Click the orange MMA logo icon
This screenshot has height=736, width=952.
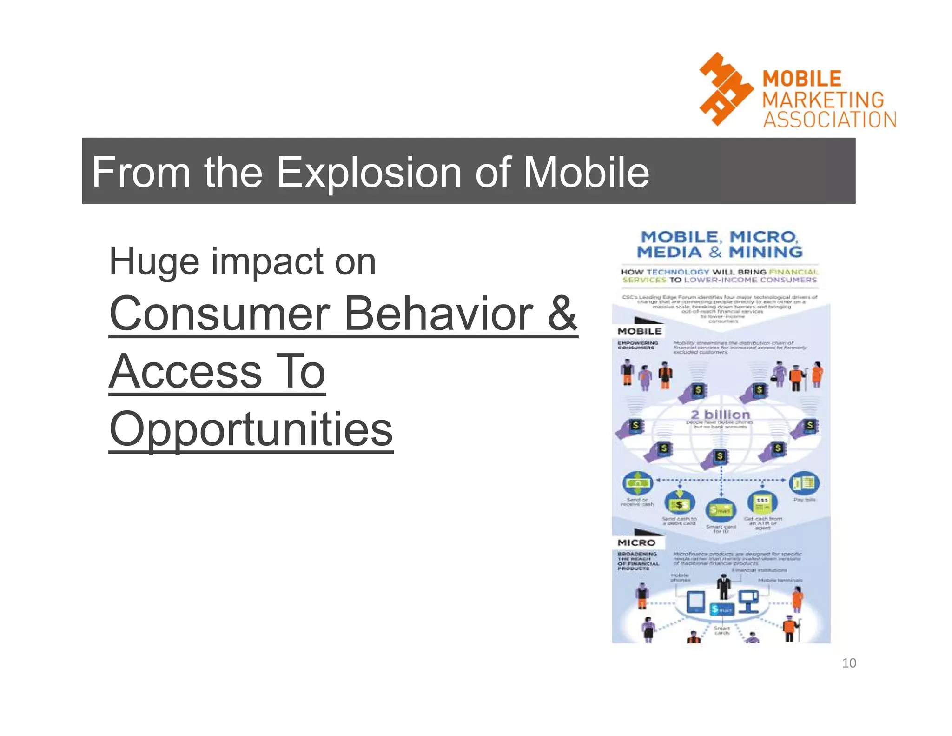(726, 89)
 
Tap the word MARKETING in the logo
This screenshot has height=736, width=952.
(823, 100)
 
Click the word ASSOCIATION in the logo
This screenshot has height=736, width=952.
(829, 120)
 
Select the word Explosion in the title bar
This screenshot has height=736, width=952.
(369, 172)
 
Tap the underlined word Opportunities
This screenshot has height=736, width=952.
(251, 429)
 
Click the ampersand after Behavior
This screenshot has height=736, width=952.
(562, 314)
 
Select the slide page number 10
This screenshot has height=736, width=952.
(849, 662)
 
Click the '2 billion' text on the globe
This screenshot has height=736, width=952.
(720, 414)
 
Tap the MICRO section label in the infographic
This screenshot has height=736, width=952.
(636, 542)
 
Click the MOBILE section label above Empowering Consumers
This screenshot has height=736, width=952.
(639, 331)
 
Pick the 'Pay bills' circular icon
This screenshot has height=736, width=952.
(804, 483)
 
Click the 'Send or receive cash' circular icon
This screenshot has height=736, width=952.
(637, 483)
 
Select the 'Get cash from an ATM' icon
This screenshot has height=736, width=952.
(762, 502)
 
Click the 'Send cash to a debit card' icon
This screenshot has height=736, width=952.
(679, 503)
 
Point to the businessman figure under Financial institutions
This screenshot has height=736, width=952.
(723, 587)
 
